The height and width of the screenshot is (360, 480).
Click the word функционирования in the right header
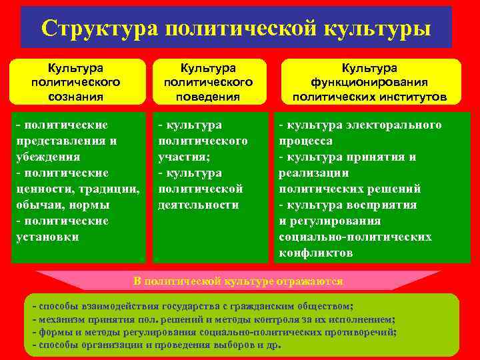point(369,82)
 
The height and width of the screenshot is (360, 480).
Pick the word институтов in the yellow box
point(413,97)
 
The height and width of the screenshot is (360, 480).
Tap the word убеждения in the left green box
point(47,157)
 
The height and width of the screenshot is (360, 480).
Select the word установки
point(47,237)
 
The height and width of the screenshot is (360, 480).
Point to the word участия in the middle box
point(181,157)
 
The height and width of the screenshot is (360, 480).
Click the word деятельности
point(198,205)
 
